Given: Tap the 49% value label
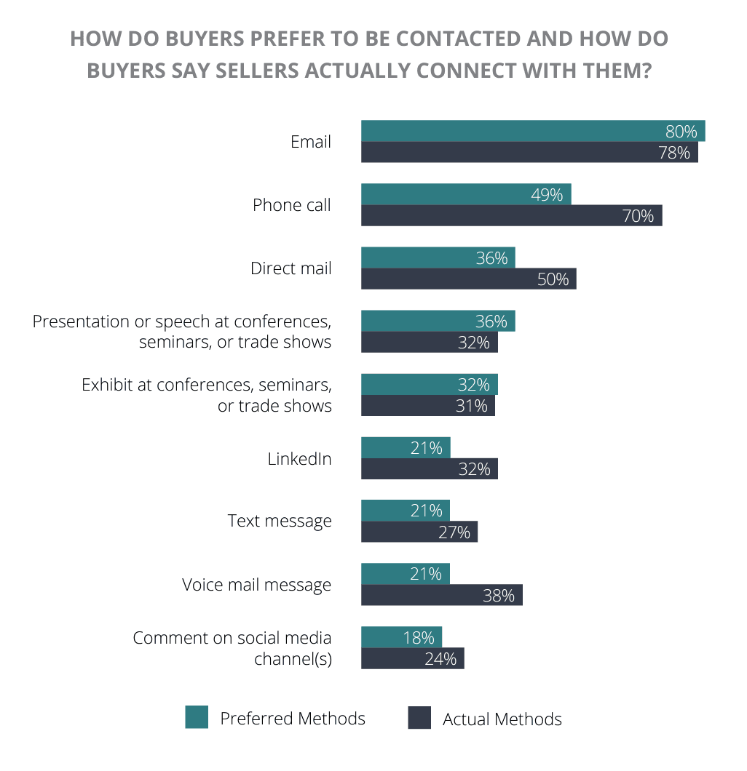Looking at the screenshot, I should point(547,195).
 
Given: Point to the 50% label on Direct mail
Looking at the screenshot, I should point(553,279).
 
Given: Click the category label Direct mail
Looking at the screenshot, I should point(290,268).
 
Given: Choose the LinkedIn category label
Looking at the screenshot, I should point(299,459).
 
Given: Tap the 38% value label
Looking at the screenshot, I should point(499,596).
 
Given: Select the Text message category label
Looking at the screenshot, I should point(280,522).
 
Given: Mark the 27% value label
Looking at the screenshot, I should point(454,532).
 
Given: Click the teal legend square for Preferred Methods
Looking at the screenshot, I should point(197,717).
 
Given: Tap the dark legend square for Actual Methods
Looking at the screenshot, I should point(419,718).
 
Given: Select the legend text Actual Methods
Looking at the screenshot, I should point(502,719).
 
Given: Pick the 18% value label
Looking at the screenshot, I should point(419,638).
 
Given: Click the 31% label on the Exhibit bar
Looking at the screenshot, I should point(472,406).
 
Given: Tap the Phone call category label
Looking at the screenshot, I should point(291,205).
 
